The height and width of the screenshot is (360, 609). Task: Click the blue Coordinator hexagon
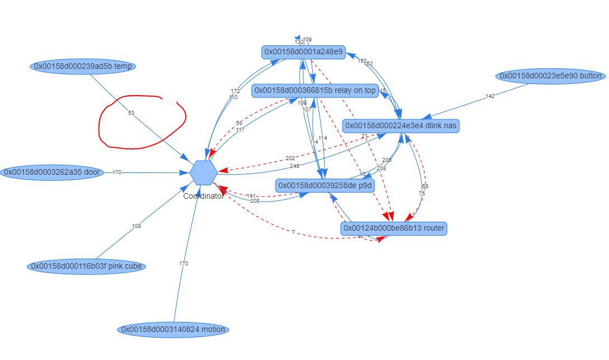(x=203, y=172)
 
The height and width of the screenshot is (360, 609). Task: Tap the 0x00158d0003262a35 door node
(x=53, y=172)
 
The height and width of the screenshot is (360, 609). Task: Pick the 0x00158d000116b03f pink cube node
(x=86, y=266)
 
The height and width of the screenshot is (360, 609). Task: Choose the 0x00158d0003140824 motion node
(x=173, y=329)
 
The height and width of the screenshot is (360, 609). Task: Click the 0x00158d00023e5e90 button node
(x=551, y=76)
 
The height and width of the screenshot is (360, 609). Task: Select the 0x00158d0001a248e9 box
(x=303, y=52)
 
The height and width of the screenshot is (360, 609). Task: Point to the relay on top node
(x=315, y=91)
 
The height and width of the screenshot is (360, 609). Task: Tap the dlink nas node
(x=401, y=126)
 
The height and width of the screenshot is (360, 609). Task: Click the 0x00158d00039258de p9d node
(x=325, y=185)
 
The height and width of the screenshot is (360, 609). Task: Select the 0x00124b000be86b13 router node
(x=394, y=228)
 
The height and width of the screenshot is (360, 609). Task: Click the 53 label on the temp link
(x=131, y=113)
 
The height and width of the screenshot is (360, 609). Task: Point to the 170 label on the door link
(x=117, y=172)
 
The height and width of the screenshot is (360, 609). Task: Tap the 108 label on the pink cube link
(x=136, y=226)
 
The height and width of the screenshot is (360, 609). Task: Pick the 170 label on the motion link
(x=184, y=263)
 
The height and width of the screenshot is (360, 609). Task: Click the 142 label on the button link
(x=490, y=96)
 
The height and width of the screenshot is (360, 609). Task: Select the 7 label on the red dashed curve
(x=293, y=232)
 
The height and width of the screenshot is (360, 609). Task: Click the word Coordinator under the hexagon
(x=203, y=197)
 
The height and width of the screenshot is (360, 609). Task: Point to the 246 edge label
(x=294, y=166)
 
